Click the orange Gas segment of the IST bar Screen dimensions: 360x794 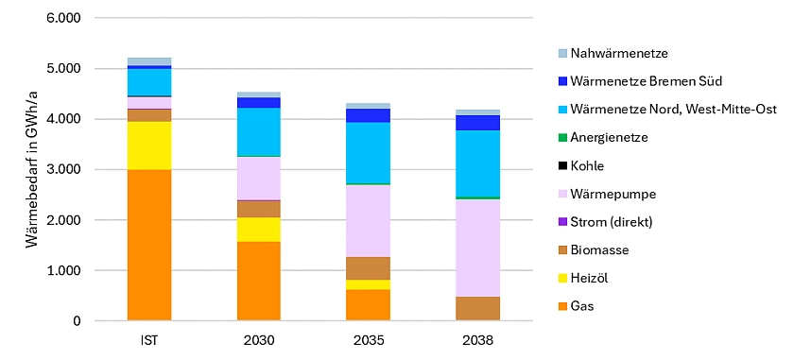(149, 246)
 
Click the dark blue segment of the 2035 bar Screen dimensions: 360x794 (368, 115)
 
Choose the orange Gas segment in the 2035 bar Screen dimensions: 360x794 (368, 305)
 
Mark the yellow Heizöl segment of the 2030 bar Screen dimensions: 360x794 (259, 230)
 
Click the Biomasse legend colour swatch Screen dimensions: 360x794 (564, 250)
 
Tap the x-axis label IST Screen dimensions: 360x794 (149, 338)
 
